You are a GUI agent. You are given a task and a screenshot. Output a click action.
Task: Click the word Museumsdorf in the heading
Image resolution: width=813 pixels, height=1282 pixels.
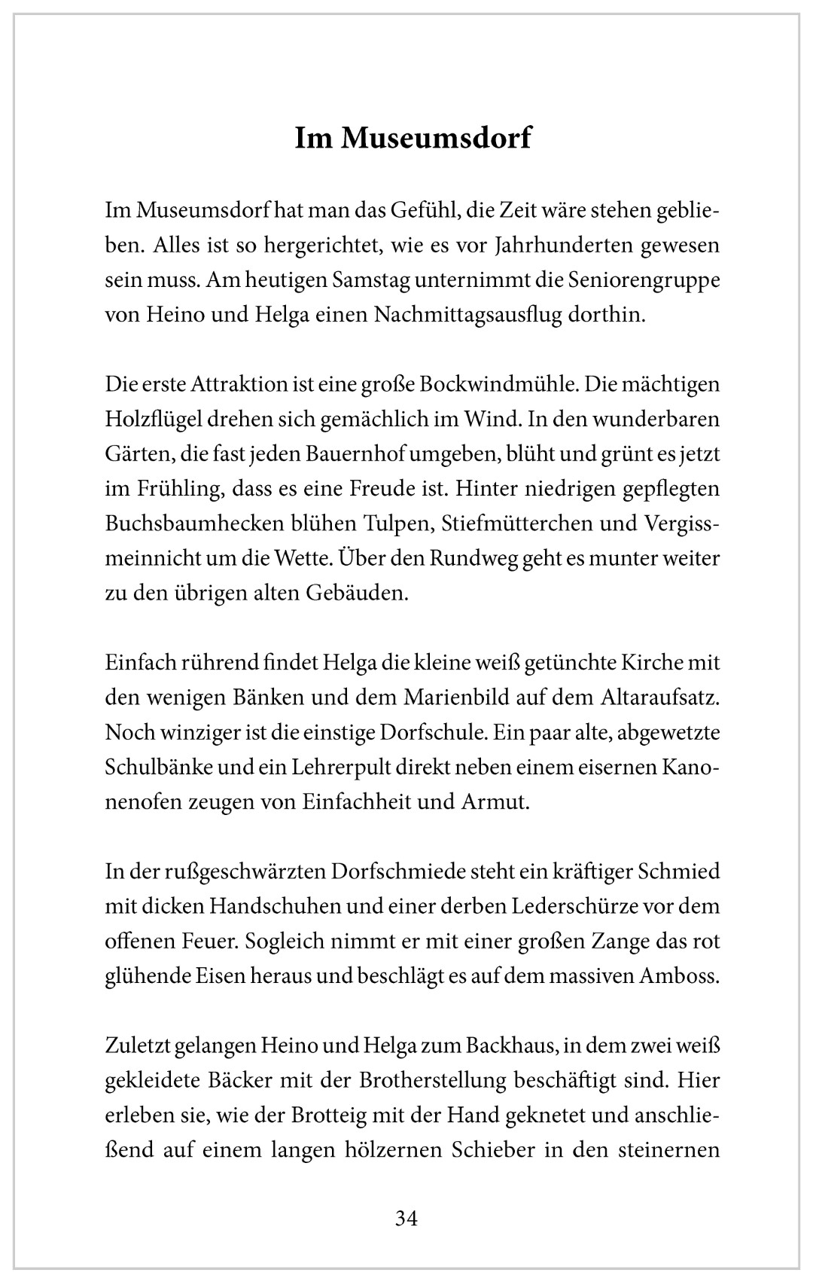click(x=437, y=139)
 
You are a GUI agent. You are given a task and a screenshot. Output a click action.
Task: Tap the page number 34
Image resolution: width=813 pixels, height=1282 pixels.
click(x=406, y=1218)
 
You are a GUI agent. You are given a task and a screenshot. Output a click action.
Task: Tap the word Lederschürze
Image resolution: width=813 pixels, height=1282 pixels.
click(x=575, y=906)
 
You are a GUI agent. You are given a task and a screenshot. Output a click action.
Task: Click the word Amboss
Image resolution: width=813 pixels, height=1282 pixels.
click(x=679, y=975)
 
